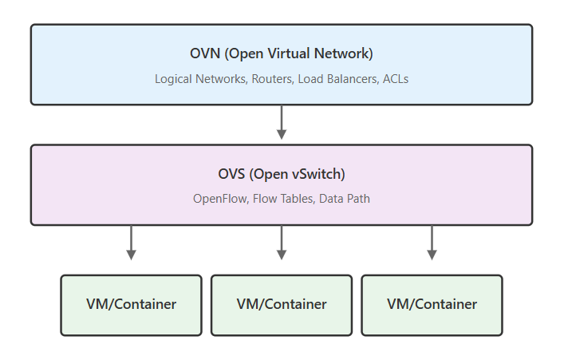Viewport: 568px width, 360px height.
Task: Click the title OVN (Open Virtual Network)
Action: coord(281,54)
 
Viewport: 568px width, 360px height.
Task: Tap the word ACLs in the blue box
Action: coord(395,80)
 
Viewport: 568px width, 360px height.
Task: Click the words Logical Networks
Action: coord(199,80)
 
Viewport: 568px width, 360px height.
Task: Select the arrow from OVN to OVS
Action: coord(282,122)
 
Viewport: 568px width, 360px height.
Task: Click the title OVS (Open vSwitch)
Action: coord(281,174)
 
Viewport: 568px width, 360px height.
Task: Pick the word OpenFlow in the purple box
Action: coord(220,199)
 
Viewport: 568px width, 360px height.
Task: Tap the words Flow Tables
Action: coord(284,199)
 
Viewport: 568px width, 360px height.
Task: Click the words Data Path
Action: coord(345,199)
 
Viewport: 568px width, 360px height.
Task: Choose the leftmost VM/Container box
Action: coord(132,304)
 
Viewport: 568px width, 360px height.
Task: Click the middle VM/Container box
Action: coord(282,304)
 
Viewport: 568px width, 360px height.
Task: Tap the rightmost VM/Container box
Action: coord(432,304)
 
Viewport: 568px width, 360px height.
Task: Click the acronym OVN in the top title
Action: coord(203,54)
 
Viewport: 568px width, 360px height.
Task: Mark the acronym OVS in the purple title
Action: coord(231,174)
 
